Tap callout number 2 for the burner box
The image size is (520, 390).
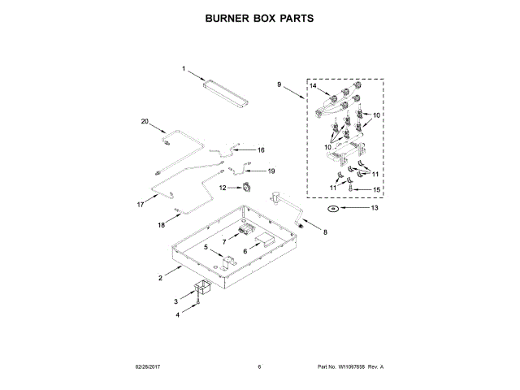(160, 279)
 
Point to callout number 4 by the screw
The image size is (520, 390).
(206, 246)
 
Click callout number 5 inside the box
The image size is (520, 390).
(245, 251)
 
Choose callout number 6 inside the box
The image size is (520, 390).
(224, 242)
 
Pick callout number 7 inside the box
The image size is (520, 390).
(325, 233)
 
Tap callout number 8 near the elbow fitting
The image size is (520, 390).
(279, 84)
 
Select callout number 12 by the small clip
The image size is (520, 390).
(375, 208)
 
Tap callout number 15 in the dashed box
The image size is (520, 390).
(262, 149)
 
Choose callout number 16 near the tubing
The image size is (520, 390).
(145, 122)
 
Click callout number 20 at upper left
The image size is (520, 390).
(333, 208)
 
